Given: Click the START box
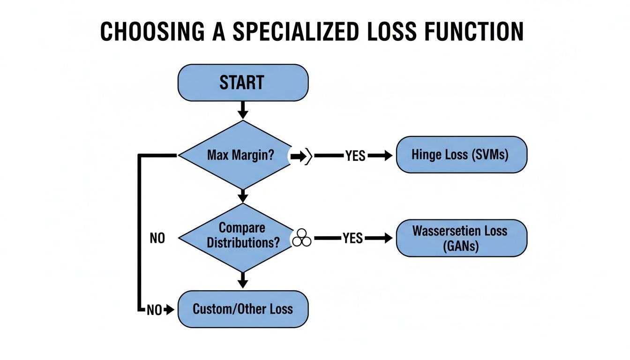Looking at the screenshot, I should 243,82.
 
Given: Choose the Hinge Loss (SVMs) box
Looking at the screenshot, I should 461,155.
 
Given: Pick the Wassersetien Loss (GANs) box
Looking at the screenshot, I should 461,238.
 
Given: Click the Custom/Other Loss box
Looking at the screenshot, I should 243,309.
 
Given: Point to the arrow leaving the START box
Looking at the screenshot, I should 242,110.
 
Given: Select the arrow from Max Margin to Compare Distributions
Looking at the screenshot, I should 242,195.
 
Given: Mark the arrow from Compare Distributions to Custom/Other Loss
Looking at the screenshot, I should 242,280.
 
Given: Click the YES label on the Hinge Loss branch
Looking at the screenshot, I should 355,156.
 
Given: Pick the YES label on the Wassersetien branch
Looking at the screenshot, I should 352,238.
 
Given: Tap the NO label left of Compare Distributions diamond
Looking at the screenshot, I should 157,238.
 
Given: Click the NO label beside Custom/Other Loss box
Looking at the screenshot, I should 154,310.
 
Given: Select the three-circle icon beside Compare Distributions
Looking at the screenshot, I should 301,238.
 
